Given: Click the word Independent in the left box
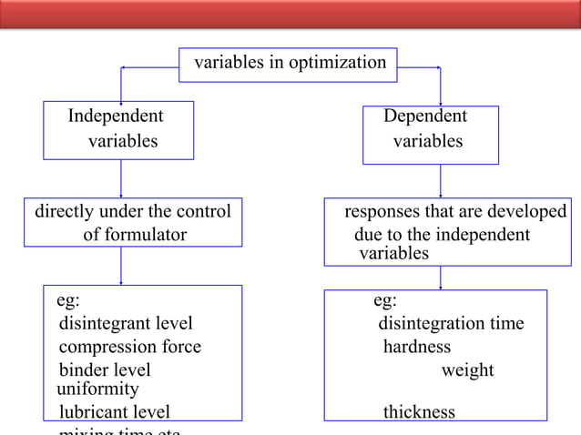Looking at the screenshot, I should (116, 116).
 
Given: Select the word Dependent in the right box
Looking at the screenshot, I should (425, 116).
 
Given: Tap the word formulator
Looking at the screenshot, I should (135, 235).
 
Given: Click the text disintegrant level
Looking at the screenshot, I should (126, 323).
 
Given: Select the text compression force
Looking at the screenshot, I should (130, 347).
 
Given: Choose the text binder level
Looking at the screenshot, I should (105, 370).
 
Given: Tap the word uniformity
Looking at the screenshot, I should (97, 389).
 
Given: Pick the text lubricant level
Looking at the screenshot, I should (115, 412).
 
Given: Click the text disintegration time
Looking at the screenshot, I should (451, 323).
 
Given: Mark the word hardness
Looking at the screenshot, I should (417, 347).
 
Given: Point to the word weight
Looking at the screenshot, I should (467, 370).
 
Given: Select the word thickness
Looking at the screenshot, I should (419, 412).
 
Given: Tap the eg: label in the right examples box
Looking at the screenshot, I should (385, 300).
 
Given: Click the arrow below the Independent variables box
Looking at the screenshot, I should (121, 178).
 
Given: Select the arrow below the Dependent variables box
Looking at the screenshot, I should (441, 180).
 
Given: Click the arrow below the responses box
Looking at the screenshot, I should (441, 278).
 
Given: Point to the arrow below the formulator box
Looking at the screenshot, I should (121, 266).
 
